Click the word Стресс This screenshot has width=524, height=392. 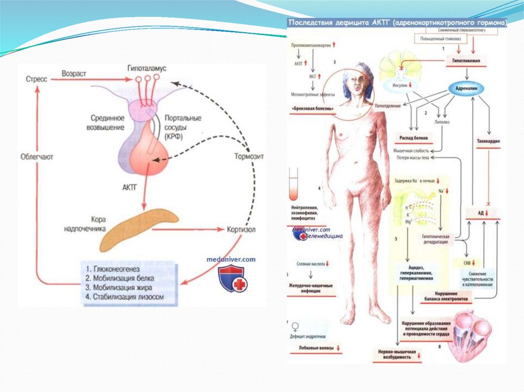pos(36,79)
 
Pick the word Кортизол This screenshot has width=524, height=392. pos(241,229)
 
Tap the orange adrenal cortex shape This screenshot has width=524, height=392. pos(138,225)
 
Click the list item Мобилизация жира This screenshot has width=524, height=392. pos(123,287)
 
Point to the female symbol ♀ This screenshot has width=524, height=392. pos(295,325)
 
